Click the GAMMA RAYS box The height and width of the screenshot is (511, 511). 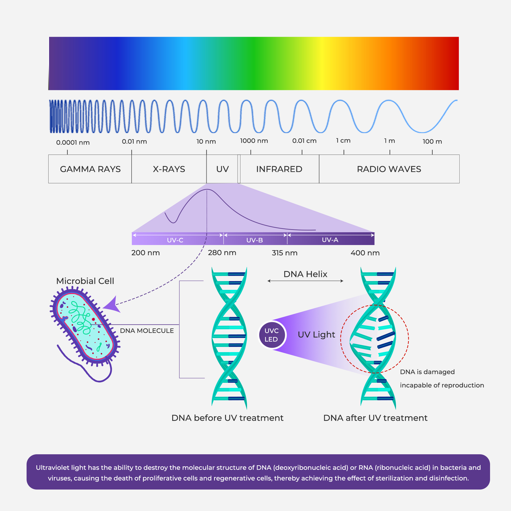(90, 169)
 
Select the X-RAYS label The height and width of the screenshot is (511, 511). (169, 169)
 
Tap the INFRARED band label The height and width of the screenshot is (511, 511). (279, 169)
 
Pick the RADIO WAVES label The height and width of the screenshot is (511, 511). (389, 169)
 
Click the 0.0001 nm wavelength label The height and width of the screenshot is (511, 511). (73, 143)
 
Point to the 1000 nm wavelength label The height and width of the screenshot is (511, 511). (254, 141)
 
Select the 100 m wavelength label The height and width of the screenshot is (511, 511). (432, 142)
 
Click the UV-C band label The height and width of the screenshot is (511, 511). (175, 240)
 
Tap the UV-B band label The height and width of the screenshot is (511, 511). (254, 240)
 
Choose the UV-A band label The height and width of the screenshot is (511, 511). (330, 240)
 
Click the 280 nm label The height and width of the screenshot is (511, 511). (222, 253)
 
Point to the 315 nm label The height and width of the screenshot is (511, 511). (285, 253)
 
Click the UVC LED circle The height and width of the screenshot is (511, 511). (272, 335)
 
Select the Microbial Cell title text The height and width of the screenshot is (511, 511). (85, 281)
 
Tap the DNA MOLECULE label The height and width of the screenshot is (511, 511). (147, 331)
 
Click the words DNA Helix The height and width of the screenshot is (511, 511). (305, 274)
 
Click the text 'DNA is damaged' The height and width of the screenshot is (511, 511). (427, 372)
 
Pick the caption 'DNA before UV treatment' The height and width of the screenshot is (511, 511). (227, 418)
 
